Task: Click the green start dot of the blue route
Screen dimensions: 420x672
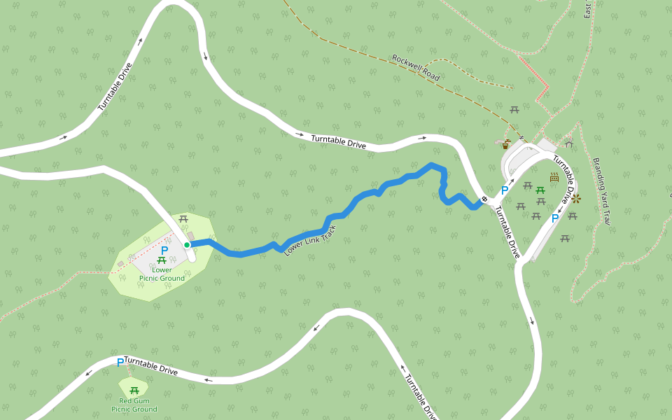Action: [187, 245]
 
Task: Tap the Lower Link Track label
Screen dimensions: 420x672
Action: [310, 240]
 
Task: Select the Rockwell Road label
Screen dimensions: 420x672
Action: [416, 67]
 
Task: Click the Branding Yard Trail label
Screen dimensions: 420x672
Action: [602, 190]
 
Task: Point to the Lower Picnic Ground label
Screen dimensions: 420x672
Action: [162, 274]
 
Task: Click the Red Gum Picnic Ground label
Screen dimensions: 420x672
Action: [134, 405]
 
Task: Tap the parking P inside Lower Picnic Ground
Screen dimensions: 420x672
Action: [164, 250]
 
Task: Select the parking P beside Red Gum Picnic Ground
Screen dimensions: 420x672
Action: [120, 362]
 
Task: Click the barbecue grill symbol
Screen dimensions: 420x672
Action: [554, 177]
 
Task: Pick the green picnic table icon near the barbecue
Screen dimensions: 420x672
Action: [540, 190]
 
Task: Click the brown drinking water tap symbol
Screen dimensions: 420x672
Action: [506, 145]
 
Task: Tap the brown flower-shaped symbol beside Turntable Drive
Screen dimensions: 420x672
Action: [575, 199]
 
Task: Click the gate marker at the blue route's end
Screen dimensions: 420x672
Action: [484, 200]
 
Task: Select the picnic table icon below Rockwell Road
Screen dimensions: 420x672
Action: [514, 109]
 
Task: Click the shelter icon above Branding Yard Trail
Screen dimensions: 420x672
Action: [569, 143]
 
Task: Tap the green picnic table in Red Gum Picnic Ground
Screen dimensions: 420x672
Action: [134, 390]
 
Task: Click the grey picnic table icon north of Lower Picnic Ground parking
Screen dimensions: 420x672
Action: [183, 218]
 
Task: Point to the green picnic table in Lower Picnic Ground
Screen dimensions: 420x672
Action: [162, 260]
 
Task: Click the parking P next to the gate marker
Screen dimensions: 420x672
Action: [504, 190]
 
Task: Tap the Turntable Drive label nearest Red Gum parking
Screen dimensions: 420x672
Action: [150, 365]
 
